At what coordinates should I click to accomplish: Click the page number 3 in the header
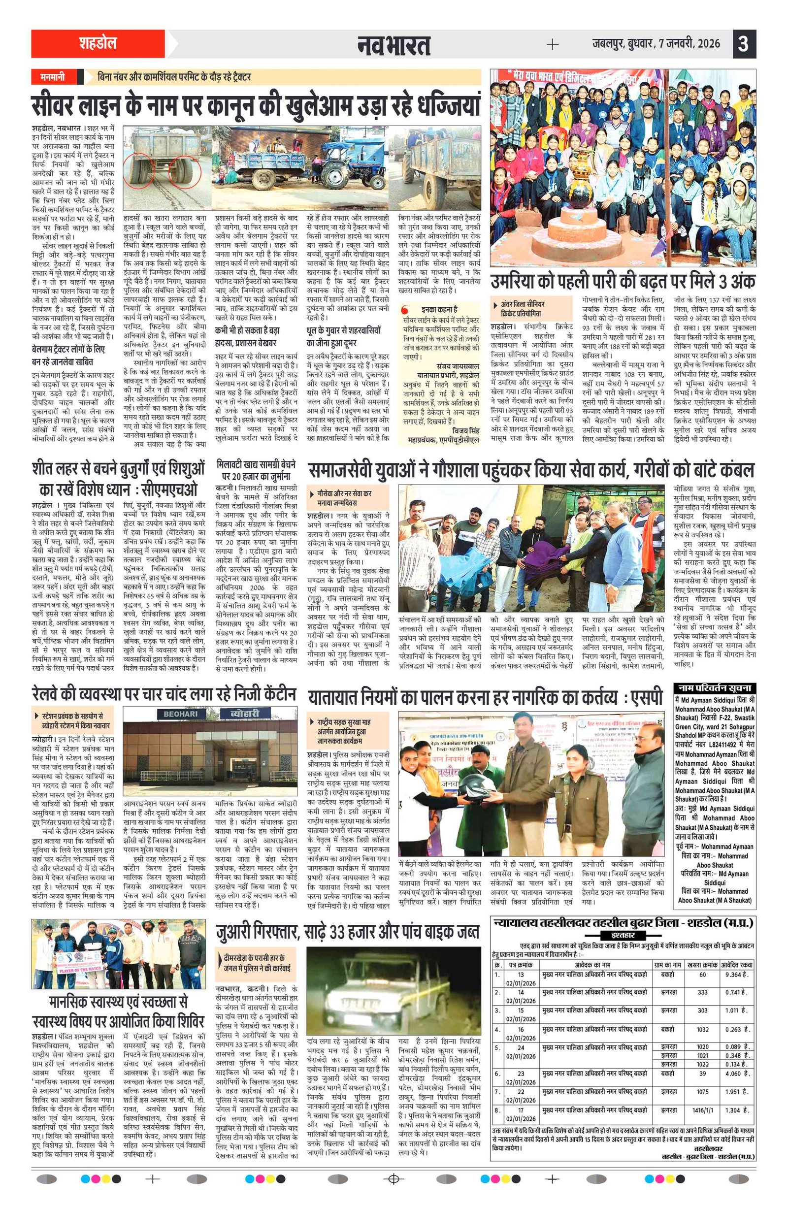click(744, 44)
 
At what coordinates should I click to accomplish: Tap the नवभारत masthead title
click(394, 45)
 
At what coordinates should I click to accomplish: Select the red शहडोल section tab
click(98, 43)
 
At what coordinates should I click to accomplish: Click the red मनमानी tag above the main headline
click(53, 77)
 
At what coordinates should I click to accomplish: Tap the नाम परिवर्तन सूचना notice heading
click(714, 688)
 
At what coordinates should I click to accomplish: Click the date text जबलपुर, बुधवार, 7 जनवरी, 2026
click(656, 44)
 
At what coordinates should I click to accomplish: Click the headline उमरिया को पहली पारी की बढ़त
click(623, 282)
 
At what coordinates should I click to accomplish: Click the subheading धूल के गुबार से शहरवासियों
click(343, 330)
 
